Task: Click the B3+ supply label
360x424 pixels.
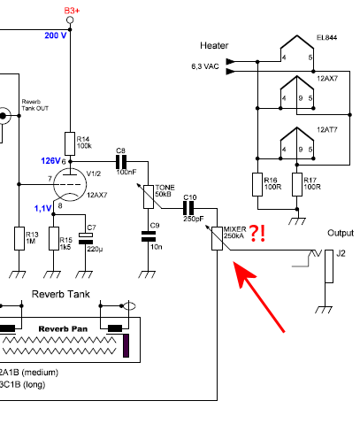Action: pos(72,11)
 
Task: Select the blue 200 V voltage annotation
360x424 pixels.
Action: pos(56,35)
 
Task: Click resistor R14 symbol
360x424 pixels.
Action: pos(70,143)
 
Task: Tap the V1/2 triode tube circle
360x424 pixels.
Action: pos(70,185)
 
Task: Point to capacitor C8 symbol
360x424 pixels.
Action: pos(121,162)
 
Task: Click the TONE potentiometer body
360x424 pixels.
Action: pos(149,197)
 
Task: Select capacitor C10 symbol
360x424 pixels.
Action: pos(188,208)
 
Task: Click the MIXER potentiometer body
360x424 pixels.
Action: pos(218,238)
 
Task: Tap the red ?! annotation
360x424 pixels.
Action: pos(257,234)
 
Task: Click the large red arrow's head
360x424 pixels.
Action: pos(243,273)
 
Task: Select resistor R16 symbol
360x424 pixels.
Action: pos(257,184)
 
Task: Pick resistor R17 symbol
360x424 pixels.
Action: pos(297,184)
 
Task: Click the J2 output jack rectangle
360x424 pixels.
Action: pos(329,266)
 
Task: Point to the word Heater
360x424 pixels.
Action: pos(214,45)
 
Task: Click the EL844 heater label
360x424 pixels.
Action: pos(326,37)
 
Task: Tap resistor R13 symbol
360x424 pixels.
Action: pos(19,238)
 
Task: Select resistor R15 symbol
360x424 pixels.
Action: pos(54,238)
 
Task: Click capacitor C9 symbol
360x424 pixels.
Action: pos(149,236)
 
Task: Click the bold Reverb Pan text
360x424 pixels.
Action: pos(63,329)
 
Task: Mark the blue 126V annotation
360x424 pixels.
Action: pos(50,161)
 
